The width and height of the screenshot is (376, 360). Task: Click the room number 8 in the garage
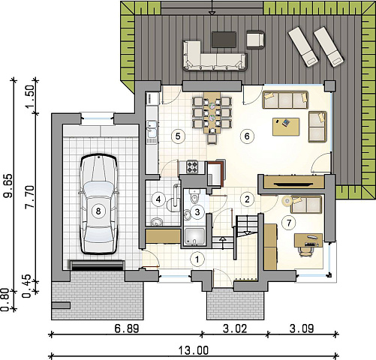[x=98, y=211]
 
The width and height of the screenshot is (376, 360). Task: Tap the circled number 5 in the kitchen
[x=178, y=136]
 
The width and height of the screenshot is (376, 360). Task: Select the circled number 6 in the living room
[x=247, y=136]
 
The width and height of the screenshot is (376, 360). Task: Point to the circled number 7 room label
[x=289, y=223]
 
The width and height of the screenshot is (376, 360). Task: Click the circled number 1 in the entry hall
[x=197, y=259]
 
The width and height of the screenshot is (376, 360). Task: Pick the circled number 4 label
[x=158, y=199]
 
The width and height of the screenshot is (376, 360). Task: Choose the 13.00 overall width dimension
[x=194, y=350]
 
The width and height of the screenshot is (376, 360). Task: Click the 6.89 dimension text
[x=127, y=328]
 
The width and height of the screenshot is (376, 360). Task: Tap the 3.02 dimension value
[x=235, y=328]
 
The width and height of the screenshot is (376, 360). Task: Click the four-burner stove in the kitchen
[x=192, y=166]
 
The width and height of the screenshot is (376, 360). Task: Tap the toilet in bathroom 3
[x=194, y=196]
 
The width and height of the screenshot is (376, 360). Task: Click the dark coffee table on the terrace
[x=224, y=40]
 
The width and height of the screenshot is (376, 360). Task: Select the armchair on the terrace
[x=255, y=40]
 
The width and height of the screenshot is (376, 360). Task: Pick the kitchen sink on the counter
[x=152, y=129]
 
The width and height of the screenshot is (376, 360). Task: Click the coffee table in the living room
[x=286, y=127]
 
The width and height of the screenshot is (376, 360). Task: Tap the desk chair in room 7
[x=305, y=250]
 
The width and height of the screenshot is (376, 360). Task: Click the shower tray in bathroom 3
[x=195, y=237]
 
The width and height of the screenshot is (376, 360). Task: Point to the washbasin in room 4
[x=157, y=222]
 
